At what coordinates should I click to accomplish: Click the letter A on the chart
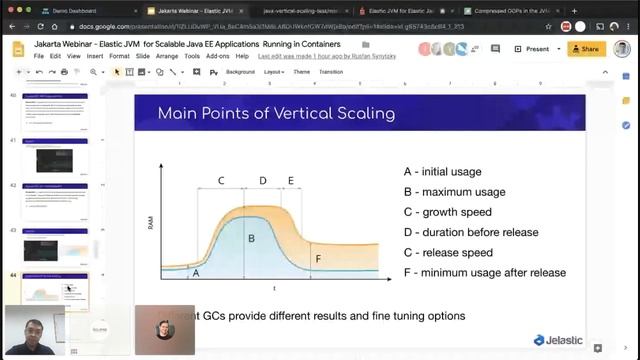[195, 272]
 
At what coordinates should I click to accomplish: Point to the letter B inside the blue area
[251, 238]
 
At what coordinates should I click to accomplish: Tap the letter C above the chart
[221, 181]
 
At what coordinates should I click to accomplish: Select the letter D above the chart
[263, 181]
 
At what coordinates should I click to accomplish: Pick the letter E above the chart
[290, 181]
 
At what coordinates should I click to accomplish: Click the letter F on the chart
[318, 259]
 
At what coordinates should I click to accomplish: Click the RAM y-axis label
[151, 222]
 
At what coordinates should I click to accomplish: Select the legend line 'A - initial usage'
[453, 171]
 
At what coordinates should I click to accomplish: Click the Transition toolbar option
[330, 72]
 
